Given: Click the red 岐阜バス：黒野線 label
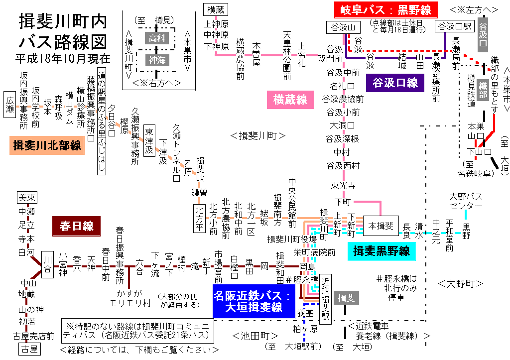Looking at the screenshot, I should click(x=386, y=10).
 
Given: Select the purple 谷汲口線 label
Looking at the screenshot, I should click(x=394, y=83).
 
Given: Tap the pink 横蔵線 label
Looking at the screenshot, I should click(x=290, y=100).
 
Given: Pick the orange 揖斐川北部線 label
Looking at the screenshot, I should click(x=47, y=145).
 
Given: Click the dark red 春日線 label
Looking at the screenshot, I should click(x=77, y=226).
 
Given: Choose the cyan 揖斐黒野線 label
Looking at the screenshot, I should click(x=382, y=250).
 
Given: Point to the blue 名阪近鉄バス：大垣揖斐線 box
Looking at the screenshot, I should click(x=252, y=301).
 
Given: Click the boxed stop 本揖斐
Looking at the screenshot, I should click(x=381, y=226).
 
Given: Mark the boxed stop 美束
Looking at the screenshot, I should click(x=27, y=198).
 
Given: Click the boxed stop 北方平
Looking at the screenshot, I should click(x=199, y=218).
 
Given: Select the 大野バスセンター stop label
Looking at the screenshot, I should click(x=466, y=201).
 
